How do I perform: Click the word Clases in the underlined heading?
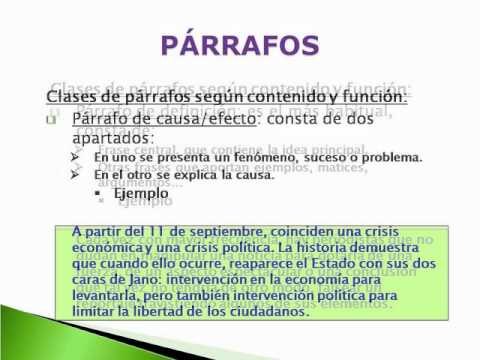point(73,96)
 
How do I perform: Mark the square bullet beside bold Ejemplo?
point(133,192)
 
